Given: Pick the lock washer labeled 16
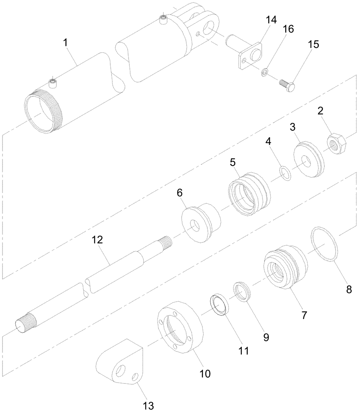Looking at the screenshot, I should coord(265,73).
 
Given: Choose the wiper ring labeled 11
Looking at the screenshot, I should coord(220,305).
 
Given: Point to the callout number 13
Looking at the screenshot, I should coord(148,405).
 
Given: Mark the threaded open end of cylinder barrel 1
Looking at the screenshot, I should coord(43,114).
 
